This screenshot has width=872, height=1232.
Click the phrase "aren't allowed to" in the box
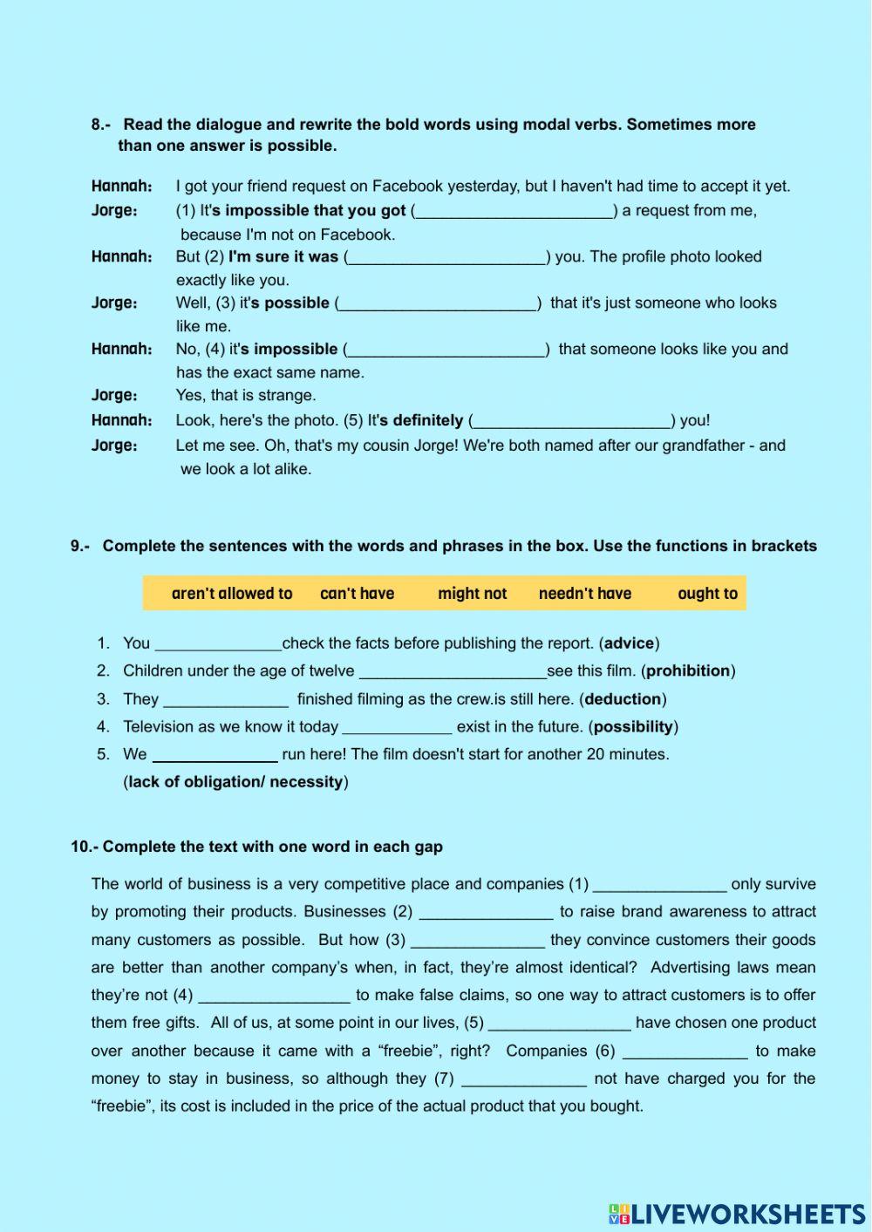pos(232,594)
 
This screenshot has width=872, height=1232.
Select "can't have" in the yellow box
pos(357,594)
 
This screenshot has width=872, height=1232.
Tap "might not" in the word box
pos(472,594)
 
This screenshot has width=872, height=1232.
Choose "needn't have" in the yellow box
pos(585,594)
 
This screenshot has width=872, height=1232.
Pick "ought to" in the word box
pos(707,594)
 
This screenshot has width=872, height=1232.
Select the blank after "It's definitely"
pos(571,420)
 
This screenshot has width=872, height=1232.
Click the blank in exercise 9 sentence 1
pos(217,644)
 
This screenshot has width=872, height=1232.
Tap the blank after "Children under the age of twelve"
pos(453,671)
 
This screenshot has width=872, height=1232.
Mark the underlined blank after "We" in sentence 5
pos(215,755)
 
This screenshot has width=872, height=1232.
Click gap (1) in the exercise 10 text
pos(659,885)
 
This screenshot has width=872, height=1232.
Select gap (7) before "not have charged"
pos(523,1079)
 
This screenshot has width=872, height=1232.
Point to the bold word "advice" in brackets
pos(629,643)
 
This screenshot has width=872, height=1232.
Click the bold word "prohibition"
pos(688,671)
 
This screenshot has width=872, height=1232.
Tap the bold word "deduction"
pos(623,699)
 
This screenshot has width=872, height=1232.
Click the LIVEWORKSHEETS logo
pos(737,1214)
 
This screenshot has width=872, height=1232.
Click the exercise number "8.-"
pos(101,125)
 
